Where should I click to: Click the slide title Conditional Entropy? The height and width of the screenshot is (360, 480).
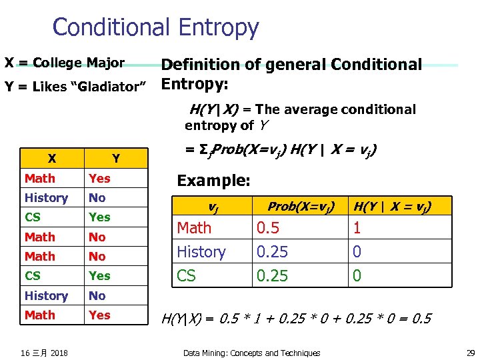point(155,27)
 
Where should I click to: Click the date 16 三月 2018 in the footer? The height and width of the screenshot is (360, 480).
point(45,353)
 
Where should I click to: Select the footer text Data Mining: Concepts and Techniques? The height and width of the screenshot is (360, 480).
point(251,353)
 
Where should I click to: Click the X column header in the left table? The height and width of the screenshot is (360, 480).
point(51,159)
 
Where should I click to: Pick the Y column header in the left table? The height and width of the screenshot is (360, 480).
point(116,159)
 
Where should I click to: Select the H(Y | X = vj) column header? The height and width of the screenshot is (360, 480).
point(392,207)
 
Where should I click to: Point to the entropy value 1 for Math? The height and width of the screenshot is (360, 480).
point(357,228)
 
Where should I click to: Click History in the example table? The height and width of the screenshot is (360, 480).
point(201,252)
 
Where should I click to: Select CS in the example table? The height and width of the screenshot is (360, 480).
point(187,275)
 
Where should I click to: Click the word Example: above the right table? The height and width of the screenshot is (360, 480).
point(213,181)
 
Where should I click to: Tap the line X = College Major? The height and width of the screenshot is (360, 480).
point(65,63)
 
